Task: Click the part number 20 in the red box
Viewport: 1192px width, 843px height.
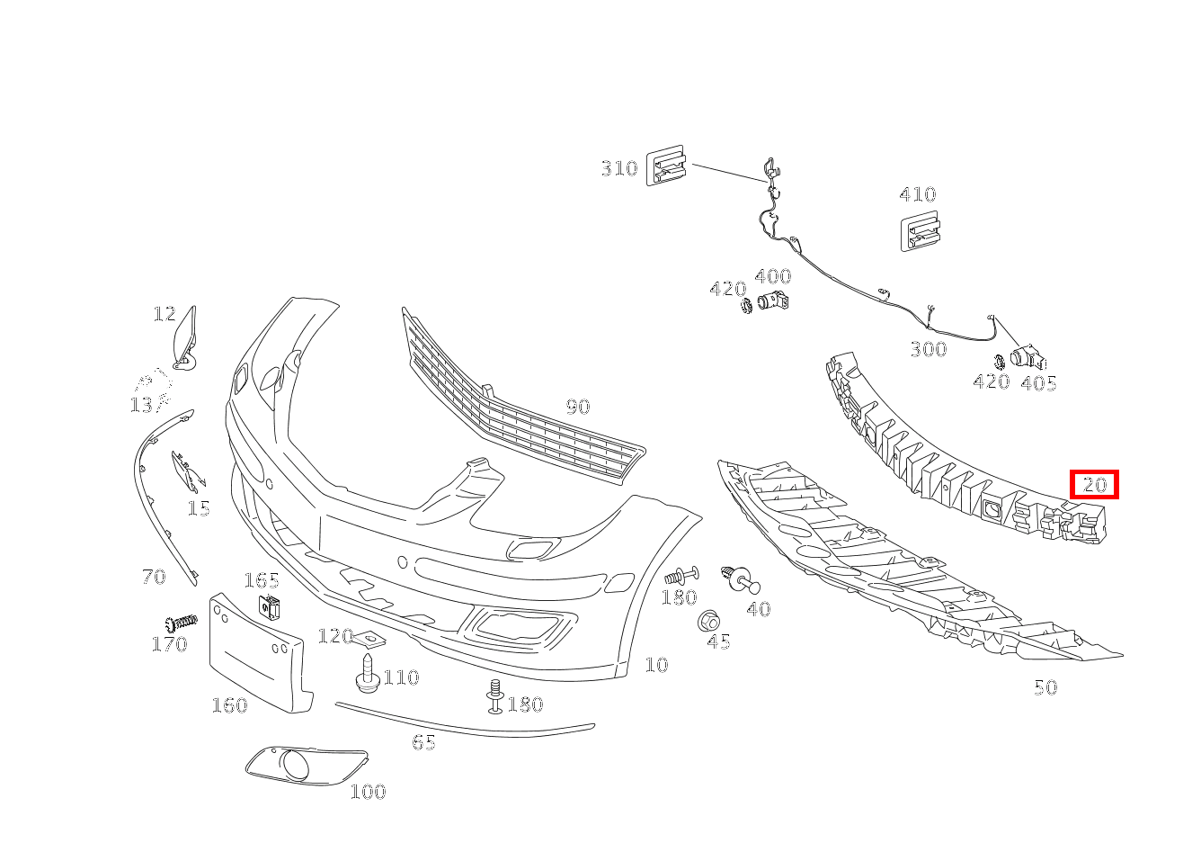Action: [x=1095, y=485]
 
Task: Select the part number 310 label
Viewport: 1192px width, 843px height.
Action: [x=619, y=168]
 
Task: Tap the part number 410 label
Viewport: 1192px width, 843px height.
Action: [x=918, y=193]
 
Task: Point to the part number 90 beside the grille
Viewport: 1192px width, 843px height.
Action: [x=578, y=407]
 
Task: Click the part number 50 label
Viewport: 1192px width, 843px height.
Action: [x=1045, y=687]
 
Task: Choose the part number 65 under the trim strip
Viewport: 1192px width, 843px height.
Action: [x=424, y=742]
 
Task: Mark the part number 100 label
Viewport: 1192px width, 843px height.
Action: [x=369, y=792]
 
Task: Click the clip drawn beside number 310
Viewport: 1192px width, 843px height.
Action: [x=666, y=166]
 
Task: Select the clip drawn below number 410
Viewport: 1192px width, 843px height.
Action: [x=921, y=231]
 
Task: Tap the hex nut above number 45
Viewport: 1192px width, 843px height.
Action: [x=708, y=621]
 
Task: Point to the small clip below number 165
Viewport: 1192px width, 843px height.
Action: [x=270, y=607]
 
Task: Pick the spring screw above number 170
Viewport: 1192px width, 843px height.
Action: [x=182, y=622]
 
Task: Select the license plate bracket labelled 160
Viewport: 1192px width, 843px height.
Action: [x=261, y=653]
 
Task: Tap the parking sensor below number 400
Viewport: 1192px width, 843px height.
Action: [x=773, y=301]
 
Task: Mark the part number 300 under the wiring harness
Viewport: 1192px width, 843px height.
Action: [x=929, y=349]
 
